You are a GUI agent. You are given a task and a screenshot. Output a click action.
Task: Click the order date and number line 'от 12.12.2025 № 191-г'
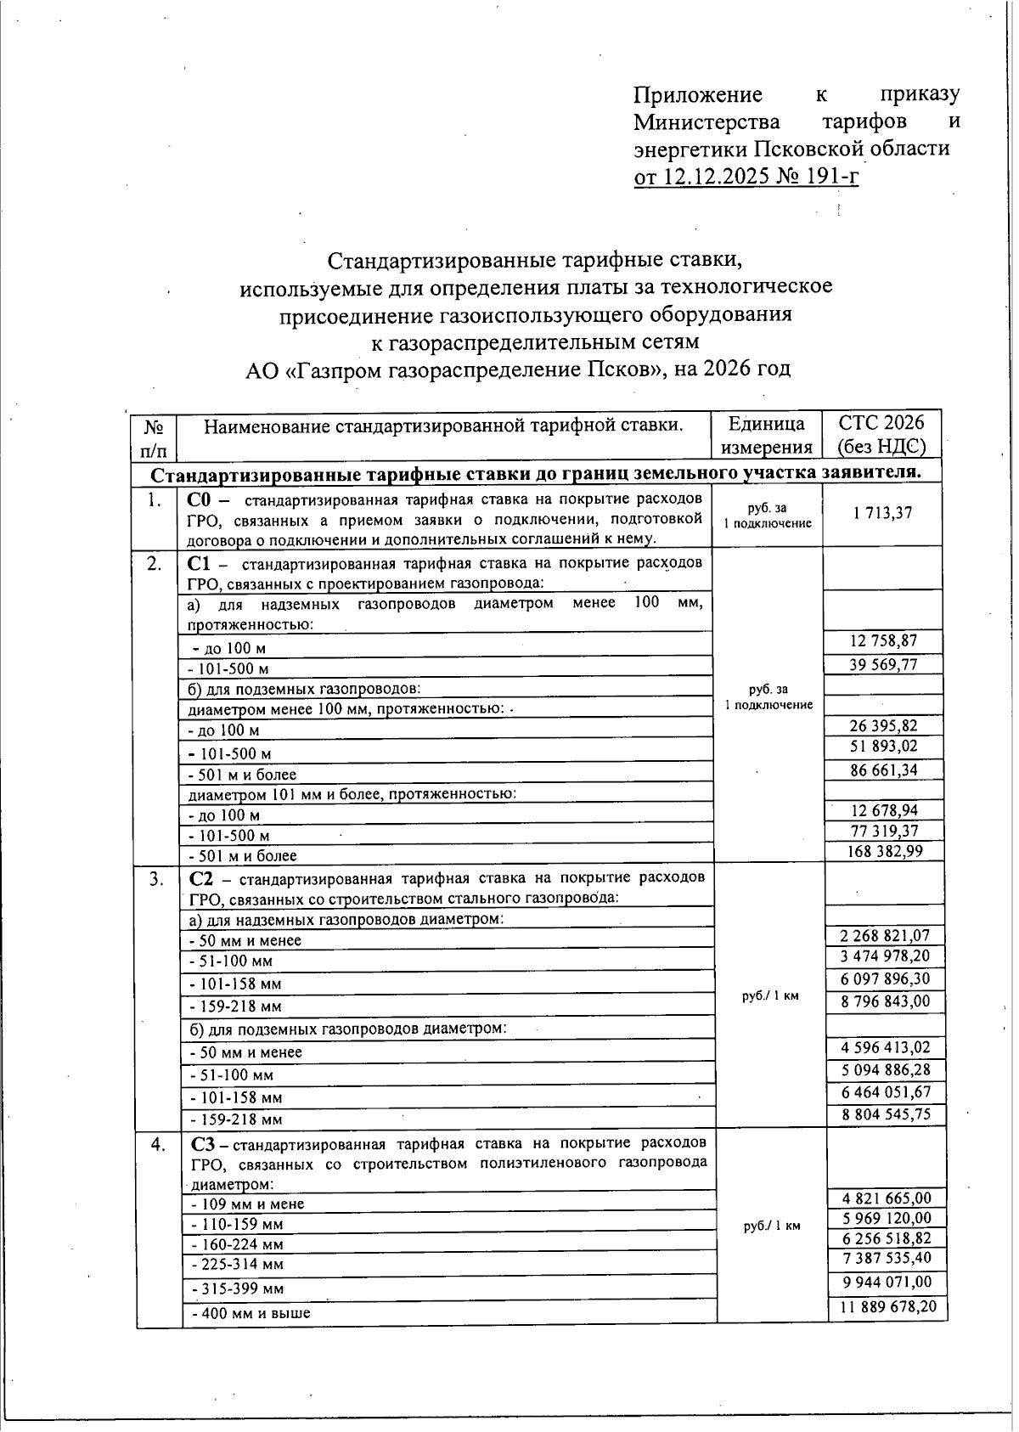point(746,177)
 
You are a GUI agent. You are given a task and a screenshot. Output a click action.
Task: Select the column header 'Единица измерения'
point(767,435)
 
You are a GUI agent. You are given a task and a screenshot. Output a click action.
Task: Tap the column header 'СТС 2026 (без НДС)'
point(881,435)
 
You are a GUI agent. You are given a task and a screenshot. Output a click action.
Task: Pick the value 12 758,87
point(883,641)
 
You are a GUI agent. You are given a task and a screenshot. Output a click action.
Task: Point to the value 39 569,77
point(883,664)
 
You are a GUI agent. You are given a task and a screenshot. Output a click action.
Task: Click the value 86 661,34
point(883,770)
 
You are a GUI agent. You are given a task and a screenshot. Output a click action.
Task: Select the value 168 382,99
point(883,851)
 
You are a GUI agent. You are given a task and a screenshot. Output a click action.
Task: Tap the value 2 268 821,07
point(885,935)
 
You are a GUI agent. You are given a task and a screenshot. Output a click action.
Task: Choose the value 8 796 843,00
point(885,1001)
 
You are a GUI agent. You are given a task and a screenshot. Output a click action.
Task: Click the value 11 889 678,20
point(888,1306)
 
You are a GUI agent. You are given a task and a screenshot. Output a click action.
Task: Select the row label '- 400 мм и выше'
point(251,1313)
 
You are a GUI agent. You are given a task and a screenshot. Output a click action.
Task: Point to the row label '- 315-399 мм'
point(239,1288)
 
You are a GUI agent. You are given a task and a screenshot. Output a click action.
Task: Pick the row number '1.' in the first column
point(154,500)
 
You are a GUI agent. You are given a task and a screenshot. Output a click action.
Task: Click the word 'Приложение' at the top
point(698,94)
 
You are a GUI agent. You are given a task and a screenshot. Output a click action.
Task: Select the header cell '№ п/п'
point(154,436)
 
